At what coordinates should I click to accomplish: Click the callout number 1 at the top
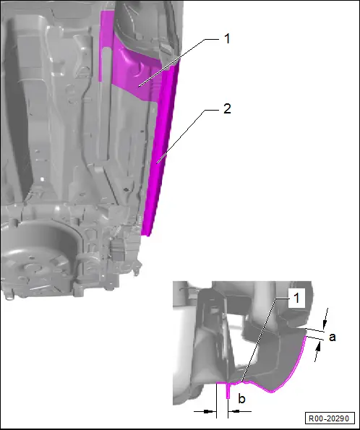click(227, 39)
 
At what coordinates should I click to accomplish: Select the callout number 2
click(227, 109)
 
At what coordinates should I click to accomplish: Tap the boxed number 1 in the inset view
click(296, 298)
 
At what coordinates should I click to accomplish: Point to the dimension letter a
click(332, 337)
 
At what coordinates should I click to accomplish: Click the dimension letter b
click(241, 398)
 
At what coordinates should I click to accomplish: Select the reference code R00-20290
click(329, 418)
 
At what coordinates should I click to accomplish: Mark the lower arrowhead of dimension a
click(318, 348)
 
